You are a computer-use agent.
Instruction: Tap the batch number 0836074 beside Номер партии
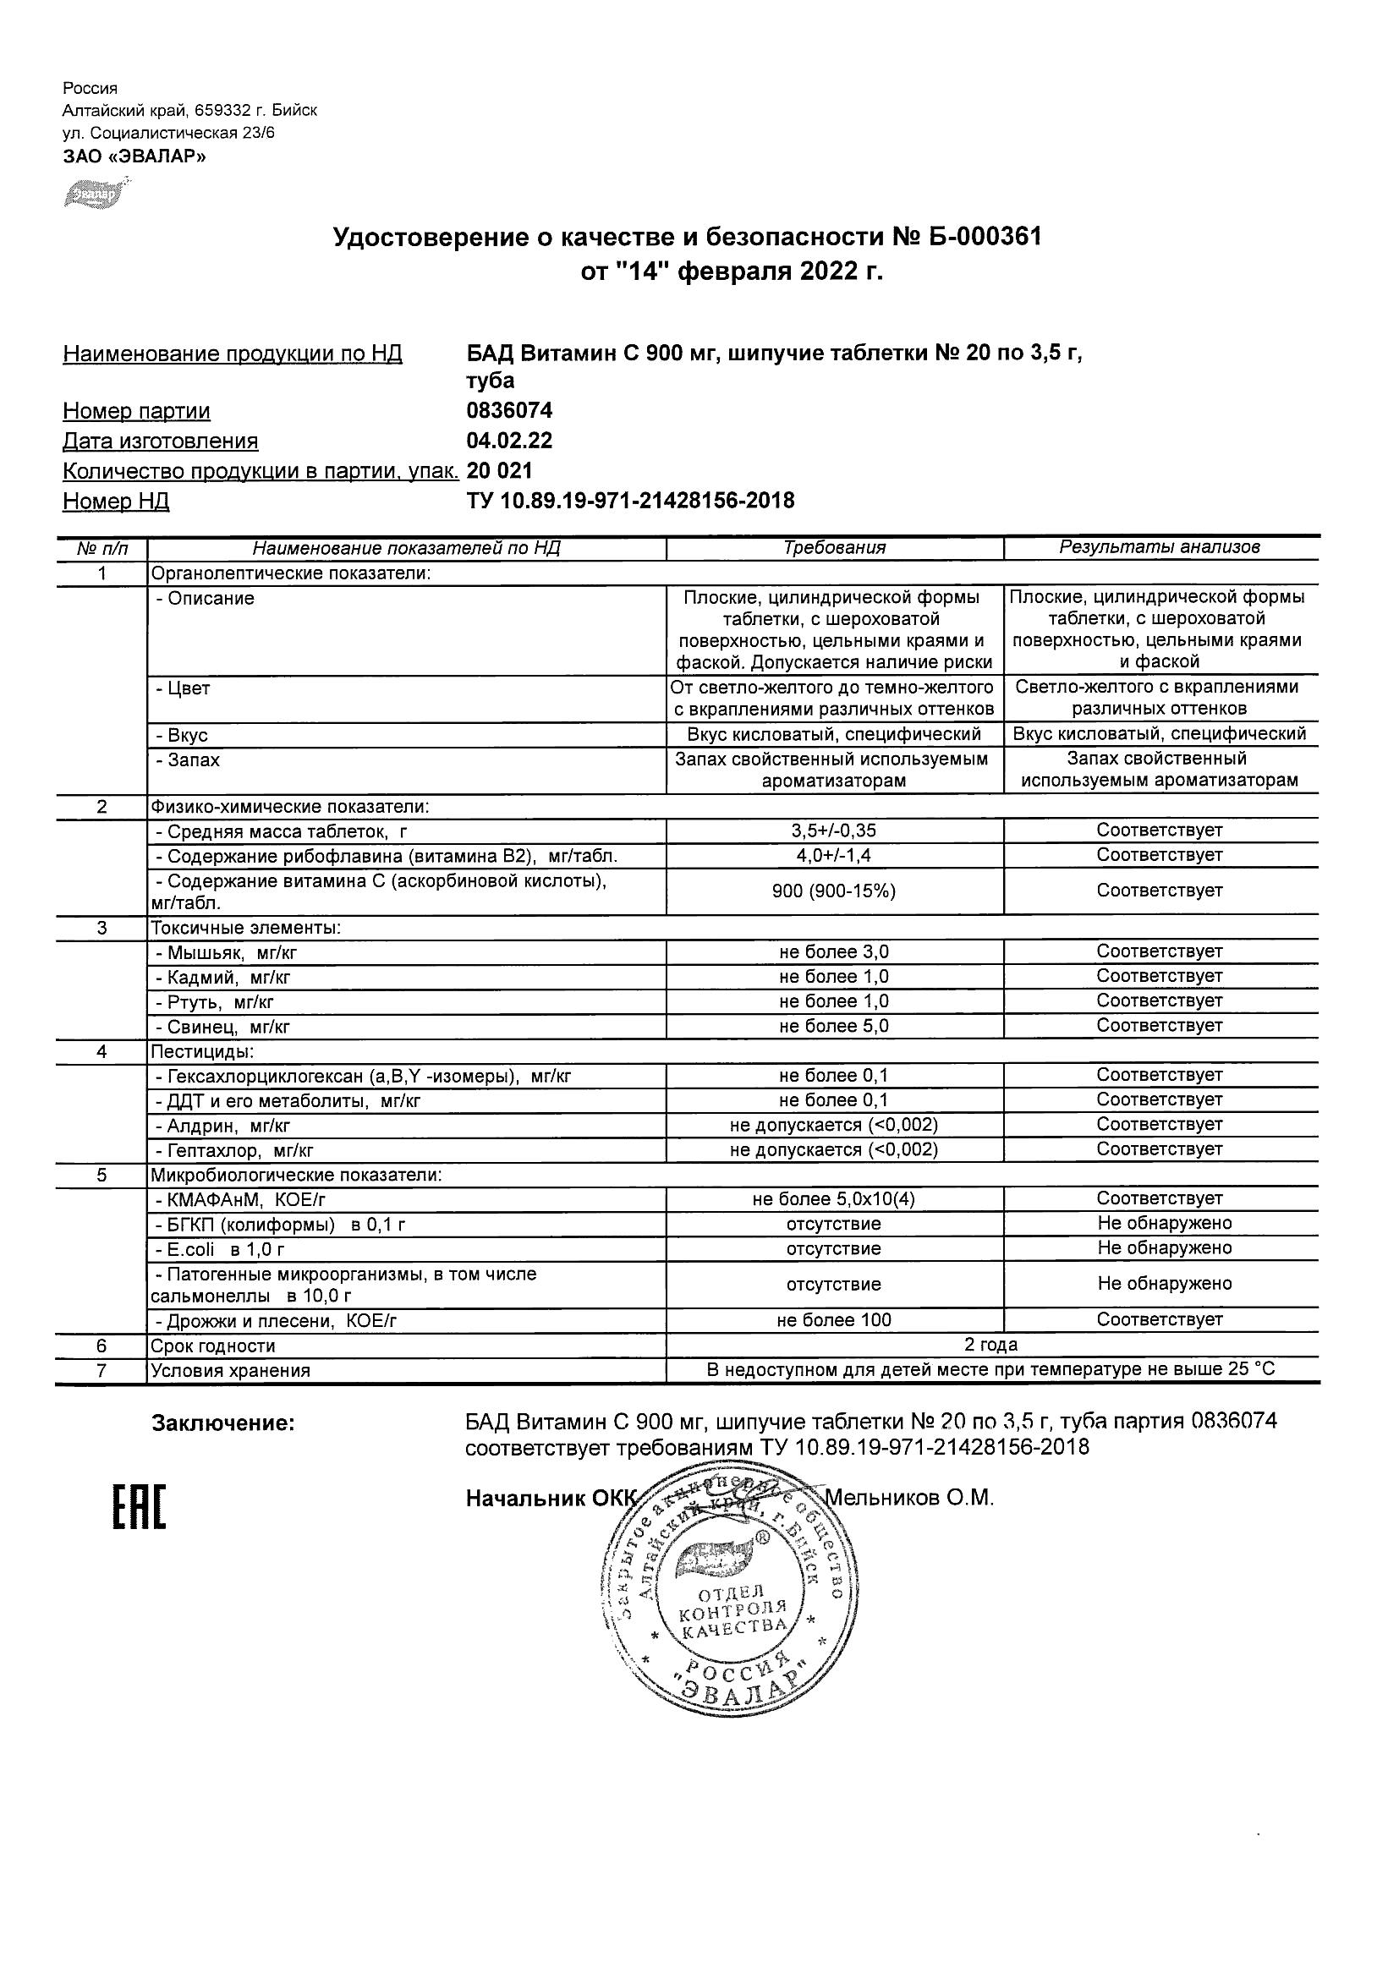(x=509, y=410)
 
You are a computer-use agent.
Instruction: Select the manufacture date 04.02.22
(x=509, y=441)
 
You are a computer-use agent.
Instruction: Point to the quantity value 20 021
(x=499, y=470)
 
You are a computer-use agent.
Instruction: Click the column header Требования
(x=834, y=547)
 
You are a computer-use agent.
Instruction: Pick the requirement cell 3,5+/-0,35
(x=834, y=831)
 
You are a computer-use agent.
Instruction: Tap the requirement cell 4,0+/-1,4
(x=834, y=856)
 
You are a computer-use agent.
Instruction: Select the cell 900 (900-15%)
(x=834, y=891)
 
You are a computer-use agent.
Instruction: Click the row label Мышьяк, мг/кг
(x=226, y=953)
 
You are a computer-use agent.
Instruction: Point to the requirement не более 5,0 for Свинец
(x=834, y=1027)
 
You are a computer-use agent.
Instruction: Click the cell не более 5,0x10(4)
(x=834, y=1199)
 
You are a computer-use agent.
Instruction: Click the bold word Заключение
(x=223, y=1424)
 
